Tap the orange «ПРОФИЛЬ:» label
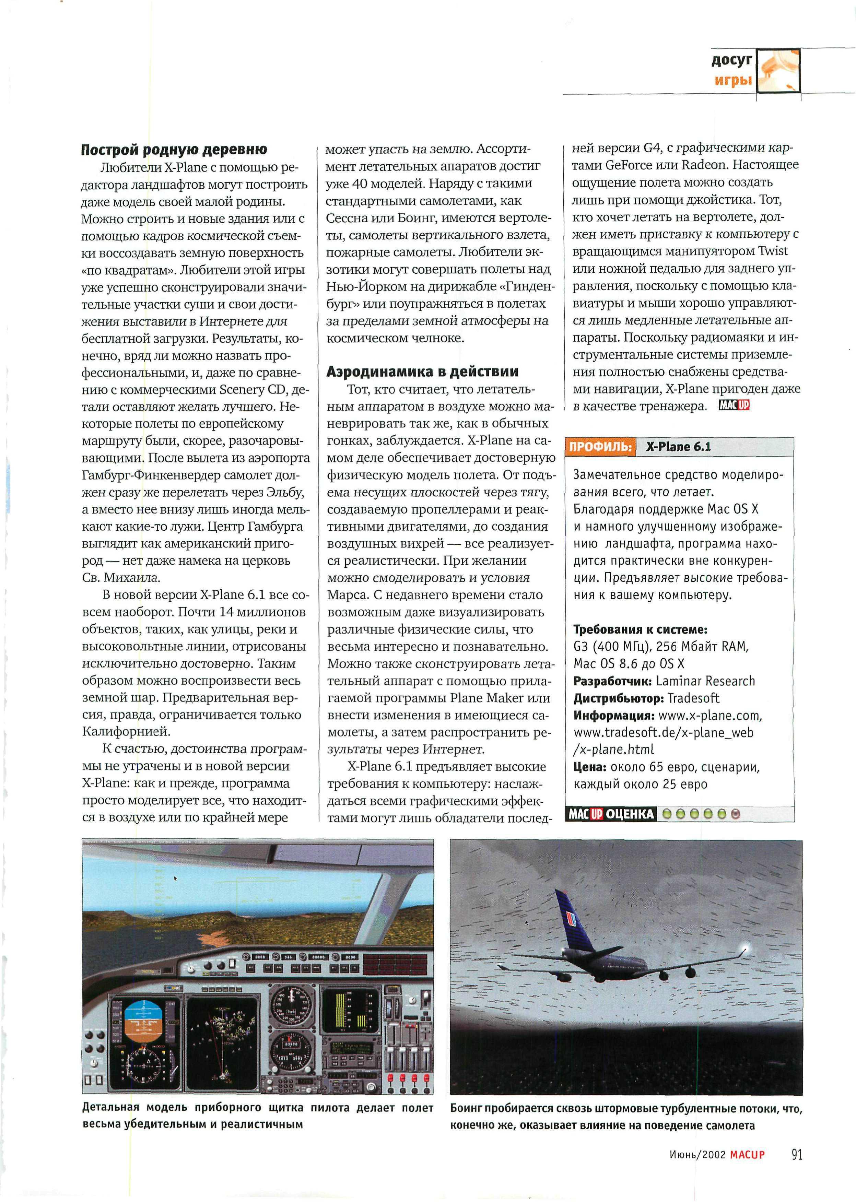tap(600, 447)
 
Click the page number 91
tap(796, 1155)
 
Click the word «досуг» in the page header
tap(731, 61)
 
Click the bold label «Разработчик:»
tap(612, 681)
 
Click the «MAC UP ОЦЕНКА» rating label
tap(610, 814)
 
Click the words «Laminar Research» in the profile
tap(705, 681)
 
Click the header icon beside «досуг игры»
tap(778, 71)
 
